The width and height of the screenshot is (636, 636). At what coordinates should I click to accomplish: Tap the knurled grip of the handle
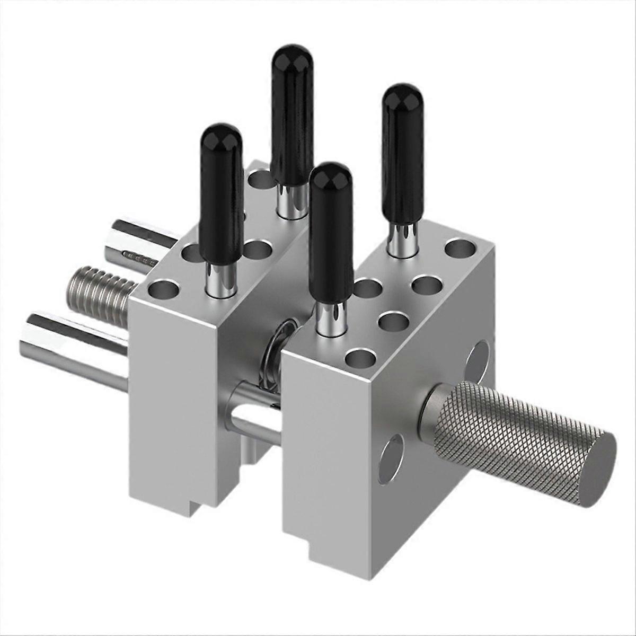tap(509, 424)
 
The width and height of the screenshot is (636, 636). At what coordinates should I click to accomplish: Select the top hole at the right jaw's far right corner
tap(460, 247)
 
